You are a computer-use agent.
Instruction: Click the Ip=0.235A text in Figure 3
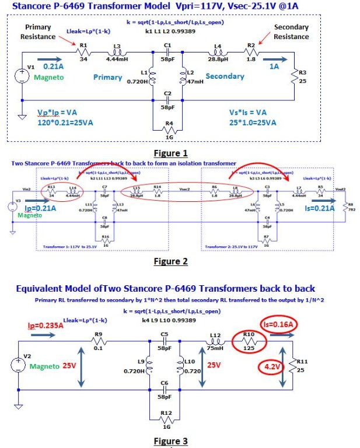coord(45,326)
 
